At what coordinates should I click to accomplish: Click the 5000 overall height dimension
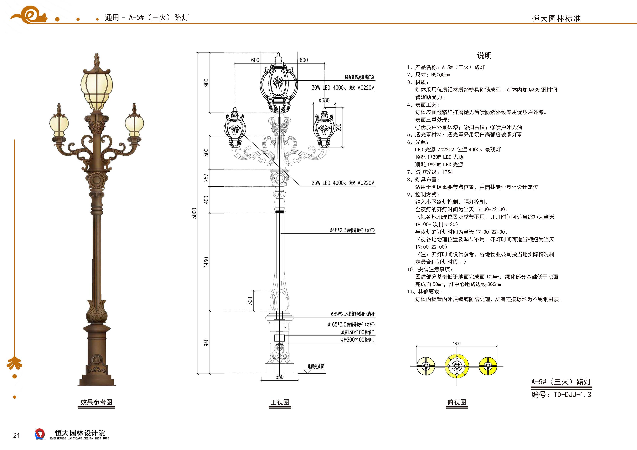click(194, 213)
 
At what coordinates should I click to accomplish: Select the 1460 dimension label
click(206, 262)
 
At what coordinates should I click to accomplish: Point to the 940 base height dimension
click(206, 342)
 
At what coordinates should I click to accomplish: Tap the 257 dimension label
click(206, 178)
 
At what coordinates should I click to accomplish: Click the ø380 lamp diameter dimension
click(324, 100)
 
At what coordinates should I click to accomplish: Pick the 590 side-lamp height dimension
click(339, 127)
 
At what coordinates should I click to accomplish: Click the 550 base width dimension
click(279, 377)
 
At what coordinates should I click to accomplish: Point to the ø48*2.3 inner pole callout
click(352, 230)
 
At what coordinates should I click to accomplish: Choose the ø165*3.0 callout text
click(351, 324)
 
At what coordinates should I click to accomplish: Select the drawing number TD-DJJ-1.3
click(572, 395)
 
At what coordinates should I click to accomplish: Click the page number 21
click(16, 435)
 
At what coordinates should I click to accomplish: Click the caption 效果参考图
click(96, 402)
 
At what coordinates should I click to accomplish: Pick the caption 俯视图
click(457, 402)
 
